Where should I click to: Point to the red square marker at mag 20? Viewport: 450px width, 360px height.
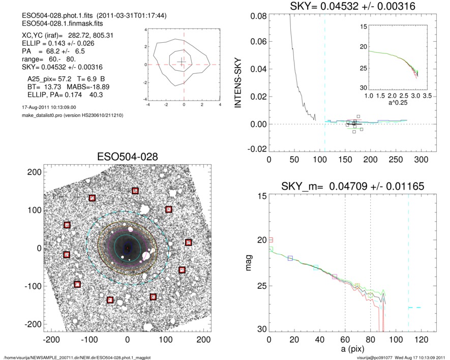coord(271,239)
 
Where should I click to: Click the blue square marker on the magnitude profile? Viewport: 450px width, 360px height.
coord(290,258)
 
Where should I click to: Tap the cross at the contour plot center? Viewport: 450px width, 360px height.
coord(184,62)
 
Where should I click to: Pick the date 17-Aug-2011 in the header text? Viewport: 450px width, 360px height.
coord(30,107)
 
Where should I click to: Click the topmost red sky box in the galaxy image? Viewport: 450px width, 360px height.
coord(135,191)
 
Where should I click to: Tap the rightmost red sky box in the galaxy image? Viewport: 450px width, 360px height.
coord(188,243)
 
